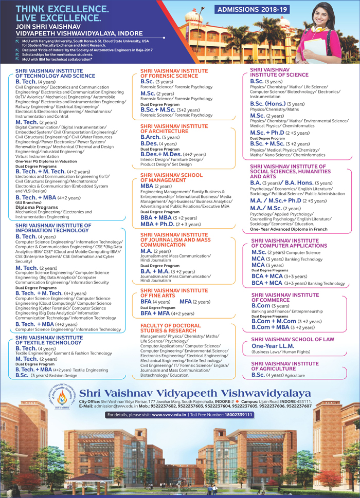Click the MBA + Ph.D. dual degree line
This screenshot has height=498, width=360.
[165, 224]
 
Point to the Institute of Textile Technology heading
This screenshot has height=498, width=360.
[49, 340]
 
